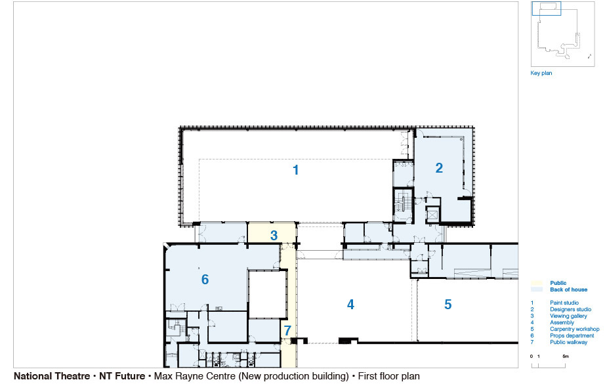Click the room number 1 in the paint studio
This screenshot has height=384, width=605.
click(x=295, y=170)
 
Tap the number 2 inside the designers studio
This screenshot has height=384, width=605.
click(x=439, y=168)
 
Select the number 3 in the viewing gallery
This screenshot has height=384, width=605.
click(x=274, y=236)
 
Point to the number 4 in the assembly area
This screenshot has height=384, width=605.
click(x=350, y=305)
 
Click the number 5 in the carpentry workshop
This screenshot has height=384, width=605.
click(x=448, y=305)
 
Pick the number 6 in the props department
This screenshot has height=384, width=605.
click(x=205, y=280)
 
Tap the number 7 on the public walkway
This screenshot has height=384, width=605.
click(x=287, y=331)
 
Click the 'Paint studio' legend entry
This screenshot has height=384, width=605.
click(x=564, y=303)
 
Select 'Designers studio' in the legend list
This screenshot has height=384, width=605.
click(x=571, y=310)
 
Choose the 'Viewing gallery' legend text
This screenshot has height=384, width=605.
click(x=568, y=316)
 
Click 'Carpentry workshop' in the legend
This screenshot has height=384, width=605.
click(x=575, y=330)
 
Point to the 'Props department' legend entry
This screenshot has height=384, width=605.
click(x=572, y=336)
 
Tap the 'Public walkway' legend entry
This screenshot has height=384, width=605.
click(x=569, y=343)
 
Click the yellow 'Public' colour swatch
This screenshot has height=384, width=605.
click(x=537, y=283)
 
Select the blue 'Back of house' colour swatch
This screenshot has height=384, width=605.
click(x=537, y=289)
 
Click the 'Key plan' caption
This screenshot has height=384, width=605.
click(x=541, y=73)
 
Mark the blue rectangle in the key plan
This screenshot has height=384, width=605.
click(x=547, y=9)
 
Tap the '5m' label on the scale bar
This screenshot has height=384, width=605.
click(x=565, y=356)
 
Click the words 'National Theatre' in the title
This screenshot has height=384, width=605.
click(x=52, y=376)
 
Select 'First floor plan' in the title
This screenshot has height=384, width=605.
click(x=388, y=376)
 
